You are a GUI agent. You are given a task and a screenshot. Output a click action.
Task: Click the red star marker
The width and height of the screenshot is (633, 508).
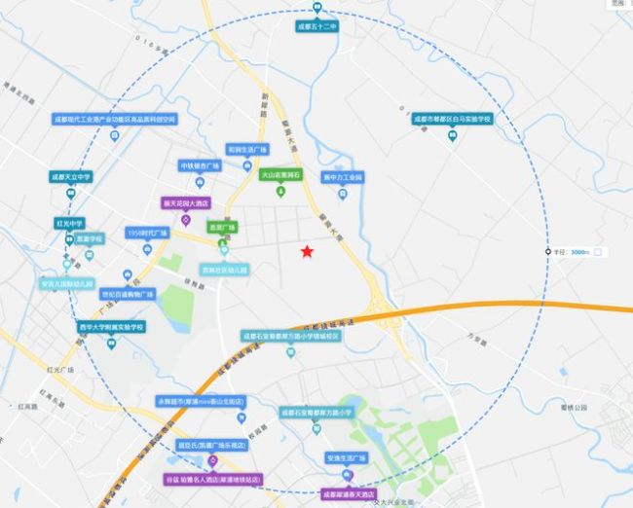(x=307, y=252)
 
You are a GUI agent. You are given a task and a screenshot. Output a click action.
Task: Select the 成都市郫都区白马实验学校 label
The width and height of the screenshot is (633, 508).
(x=452, y=119)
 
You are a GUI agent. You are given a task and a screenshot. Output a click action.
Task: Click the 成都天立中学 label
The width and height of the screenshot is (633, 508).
(x=71, y=177)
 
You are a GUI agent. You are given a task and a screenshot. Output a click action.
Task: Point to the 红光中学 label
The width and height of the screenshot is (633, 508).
(x=71, y=223)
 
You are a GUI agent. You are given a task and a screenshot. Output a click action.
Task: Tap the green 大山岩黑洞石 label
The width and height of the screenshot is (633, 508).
(x=282, y=175)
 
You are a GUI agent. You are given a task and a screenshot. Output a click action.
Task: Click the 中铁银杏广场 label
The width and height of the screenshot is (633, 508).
(x=203, y=165)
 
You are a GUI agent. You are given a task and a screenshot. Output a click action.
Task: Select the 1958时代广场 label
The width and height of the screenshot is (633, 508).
(x=148, y=234)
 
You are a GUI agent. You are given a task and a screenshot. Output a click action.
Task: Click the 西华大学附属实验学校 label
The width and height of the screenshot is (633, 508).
(x=111, y=327)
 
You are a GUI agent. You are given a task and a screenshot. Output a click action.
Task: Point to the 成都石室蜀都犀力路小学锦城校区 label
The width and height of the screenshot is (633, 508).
(x=291, y=335)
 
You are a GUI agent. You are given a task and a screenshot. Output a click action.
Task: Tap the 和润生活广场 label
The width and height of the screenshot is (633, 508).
(x=247, y=150)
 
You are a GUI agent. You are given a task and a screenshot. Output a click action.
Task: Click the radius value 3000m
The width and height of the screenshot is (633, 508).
(x=580, y=252)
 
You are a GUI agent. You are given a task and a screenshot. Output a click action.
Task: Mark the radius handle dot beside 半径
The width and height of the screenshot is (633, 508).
(x=546, y=252)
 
